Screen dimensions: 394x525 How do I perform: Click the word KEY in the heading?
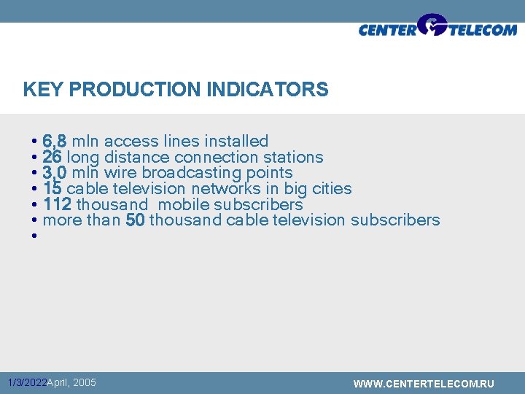click(40, 90)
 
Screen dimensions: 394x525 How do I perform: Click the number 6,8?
click(55, 141)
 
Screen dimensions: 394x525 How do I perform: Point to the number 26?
click(52, 157)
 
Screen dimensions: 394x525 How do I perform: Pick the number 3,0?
click(55, 173)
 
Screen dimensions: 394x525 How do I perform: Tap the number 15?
click(52, 189)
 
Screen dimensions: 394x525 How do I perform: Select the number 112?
click(57, 205)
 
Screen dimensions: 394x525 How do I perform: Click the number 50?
click(135, 220)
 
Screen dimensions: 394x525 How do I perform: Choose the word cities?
click(332, 189)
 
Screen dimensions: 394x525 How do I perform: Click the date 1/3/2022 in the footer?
click(26, 383)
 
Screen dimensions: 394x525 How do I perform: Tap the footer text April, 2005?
click(71, 382)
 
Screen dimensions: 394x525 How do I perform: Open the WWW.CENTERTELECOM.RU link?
click(424, 384)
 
